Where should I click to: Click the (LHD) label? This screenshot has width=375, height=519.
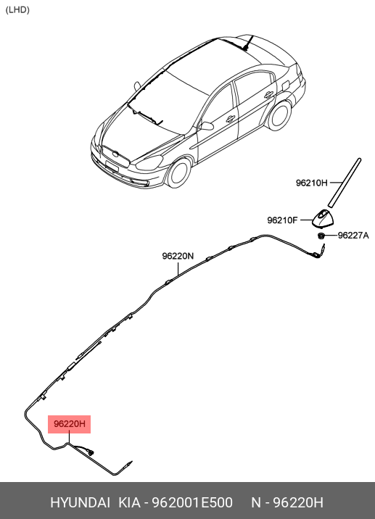click(x=17, y=10)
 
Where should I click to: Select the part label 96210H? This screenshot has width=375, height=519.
click(x=311, y=183)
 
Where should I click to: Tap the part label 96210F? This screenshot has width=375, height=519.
click(x=283, y=220)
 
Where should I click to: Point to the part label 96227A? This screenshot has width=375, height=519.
click(x=353, y=236)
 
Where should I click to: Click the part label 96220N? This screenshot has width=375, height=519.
click(x=178, y=256)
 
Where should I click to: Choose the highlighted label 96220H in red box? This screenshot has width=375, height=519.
click(x=69, y=424)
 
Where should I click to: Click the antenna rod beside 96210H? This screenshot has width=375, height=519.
click(x=345, y=183)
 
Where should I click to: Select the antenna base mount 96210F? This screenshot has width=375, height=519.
click(x=323, y=219)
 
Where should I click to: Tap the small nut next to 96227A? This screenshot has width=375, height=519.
click(x=321, y=236)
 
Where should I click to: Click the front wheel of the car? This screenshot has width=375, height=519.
click(x=179, y=173)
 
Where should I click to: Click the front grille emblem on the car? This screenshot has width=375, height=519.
click(x=115, y=154)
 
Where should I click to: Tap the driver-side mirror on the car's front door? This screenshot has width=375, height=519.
click(x=206, y=126)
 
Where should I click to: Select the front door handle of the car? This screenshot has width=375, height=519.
click(x=231, y=118)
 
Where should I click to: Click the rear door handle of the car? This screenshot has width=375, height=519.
click(x=268, y=95)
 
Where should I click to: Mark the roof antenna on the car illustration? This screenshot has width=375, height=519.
click(x=248, y=42)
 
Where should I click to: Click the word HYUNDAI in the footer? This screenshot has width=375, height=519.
click(x=80, y=502)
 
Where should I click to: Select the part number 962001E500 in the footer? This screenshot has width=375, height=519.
click(x=192, y=502)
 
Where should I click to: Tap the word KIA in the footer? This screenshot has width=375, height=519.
click(x=130, y=502)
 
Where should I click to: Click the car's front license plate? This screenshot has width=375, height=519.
click(x=112, y=166)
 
